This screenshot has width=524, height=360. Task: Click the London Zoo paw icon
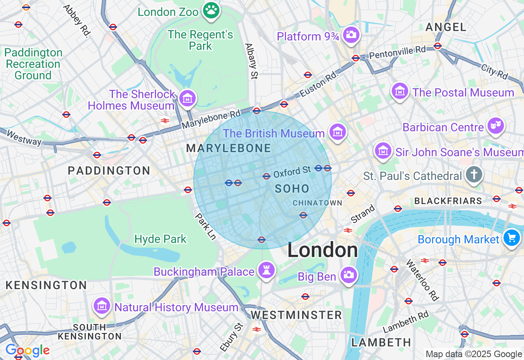(211, 11)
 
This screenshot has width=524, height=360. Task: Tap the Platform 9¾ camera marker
(350, 35)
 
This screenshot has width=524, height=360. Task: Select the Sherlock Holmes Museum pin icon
(187, 98)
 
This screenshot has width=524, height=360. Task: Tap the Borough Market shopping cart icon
(511, 237)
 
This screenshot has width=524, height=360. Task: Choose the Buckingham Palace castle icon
(267, 270)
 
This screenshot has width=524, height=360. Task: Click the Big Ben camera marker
(349, 275)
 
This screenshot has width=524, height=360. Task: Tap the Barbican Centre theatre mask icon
(495, 126)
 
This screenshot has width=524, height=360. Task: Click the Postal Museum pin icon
(400, 91)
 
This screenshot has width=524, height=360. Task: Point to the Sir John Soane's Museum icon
(383, 151)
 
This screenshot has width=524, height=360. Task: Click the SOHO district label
(292, 189)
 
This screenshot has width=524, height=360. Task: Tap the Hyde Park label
(160, 239)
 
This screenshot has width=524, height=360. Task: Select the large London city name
(322, 250)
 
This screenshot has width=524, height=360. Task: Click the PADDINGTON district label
(109, 171)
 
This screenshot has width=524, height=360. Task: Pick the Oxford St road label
(292, 172)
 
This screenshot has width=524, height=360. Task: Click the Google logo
(27, 351)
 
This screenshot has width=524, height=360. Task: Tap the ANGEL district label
(446, 27)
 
